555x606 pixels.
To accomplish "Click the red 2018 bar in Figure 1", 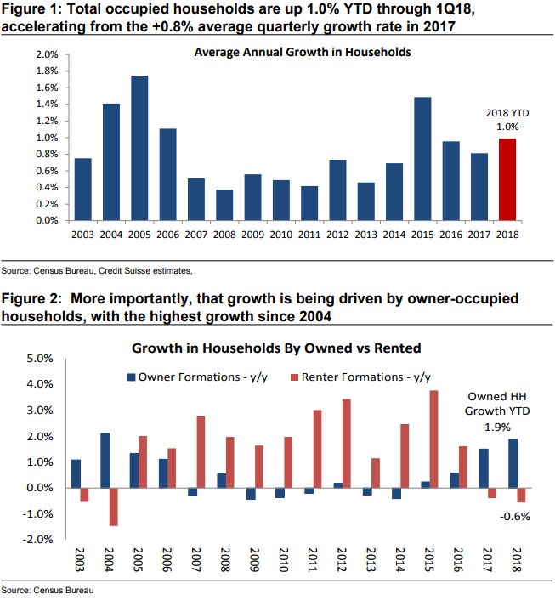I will tap(507, 179).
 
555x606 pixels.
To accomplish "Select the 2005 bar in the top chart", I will tap(139, 148).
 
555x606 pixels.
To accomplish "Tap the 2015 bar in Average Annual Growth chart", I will tap(422, 159).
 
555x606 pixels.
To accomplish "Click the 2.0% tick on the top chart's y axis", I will tap(45, 54).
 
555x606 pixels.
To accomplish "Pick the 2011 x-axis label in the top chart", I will tap(309, 234).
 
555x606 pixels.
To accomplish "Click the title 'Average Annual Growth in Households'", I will tap(303, 52).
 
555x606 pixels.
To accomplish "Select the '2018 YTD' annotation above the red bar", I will tap(507, 113).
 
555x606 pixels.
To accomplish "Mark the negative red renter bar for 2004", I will tap(113, 507).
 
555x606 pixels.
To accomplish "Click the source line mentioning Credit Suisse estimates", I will tap(97, 270).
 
